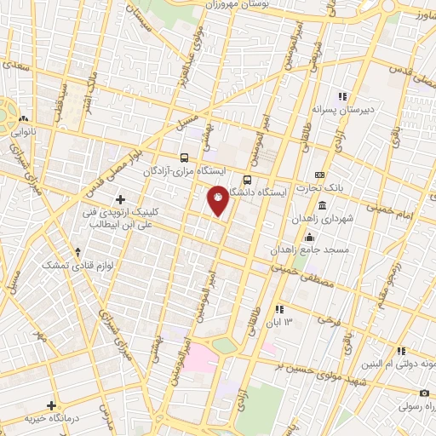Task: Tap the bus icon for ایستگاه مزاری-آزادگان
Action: point(185,158)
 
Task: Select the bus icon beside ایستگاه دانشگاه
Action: point(247,180)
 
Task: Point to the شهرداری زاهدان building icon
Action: point(322,206)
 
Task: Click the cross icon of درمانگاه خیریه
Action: point(51,405)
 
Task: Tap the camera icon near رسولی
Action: point(424,393)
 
